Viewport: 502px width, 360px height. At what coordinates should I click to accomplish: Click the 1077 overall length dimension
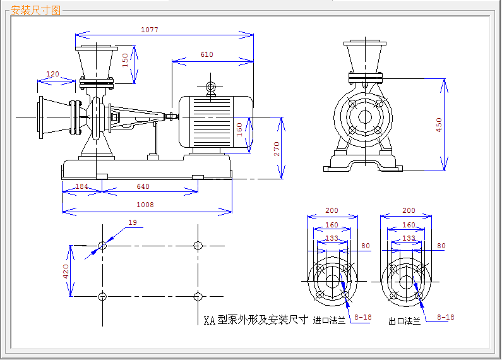[x=150, y=30]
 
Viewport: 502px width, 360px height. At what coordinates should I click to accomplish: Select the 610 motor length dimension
[x=207, y=54]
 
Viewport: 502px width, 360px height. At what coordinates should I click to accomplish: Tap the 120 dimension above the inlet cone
[x=52, y=74]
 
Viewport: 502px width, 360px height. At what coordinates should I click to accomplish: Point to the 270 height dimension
[x=277, y=149]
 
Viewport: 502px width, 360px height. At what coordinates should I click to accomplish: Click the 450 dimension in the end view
[x=439, y=125]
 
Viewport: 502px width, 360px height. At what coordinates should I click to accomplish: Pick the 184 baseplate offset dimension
[x=81, y=186]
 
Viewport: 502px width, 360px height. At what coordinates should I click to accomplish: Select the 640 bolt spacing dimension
[x=143, y=186]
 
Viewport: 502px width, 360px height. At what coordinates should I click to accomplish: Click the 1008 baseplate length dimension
[x=145, y=205]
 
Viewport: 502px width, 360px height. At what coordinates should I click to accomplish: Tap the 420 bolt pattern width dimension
[x=66, y=272]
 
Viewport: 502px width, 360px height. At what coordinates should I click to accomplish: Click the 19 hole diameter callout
[x=133, y=222]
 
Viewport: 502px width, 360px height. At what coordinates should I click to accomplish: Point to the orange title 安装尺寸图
[x=35, y=10]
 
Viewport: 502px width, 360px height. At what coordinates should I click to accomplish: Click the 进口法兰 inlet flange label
[x=329, y=320]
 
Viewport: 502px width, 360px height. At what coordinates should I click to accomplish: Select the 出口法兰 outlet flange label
[x=404, y=321]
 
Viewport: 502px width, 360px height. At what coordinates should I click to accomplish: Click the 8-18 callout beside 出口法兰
[x=446, y=317]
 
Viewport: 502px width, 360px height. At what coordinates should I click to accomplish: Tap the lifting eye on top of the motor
[x=211, y=87]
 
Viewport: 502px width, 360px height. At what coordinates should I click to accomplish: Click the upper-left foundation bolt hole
[x=102, y=246]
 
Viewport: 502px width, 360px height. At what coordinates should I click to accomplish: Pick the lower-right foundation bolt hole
[x=198, y=297]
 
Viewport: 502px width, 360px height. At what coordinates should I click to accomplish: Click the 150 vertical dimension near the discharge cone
[x=125, y=60]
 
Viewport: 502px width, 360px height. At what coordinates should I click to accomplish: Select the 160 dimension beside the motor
[x=239, y=129]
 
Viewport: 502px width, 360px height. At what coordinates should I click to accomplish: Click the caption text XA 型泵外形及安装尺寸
[x=256, y=320]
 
